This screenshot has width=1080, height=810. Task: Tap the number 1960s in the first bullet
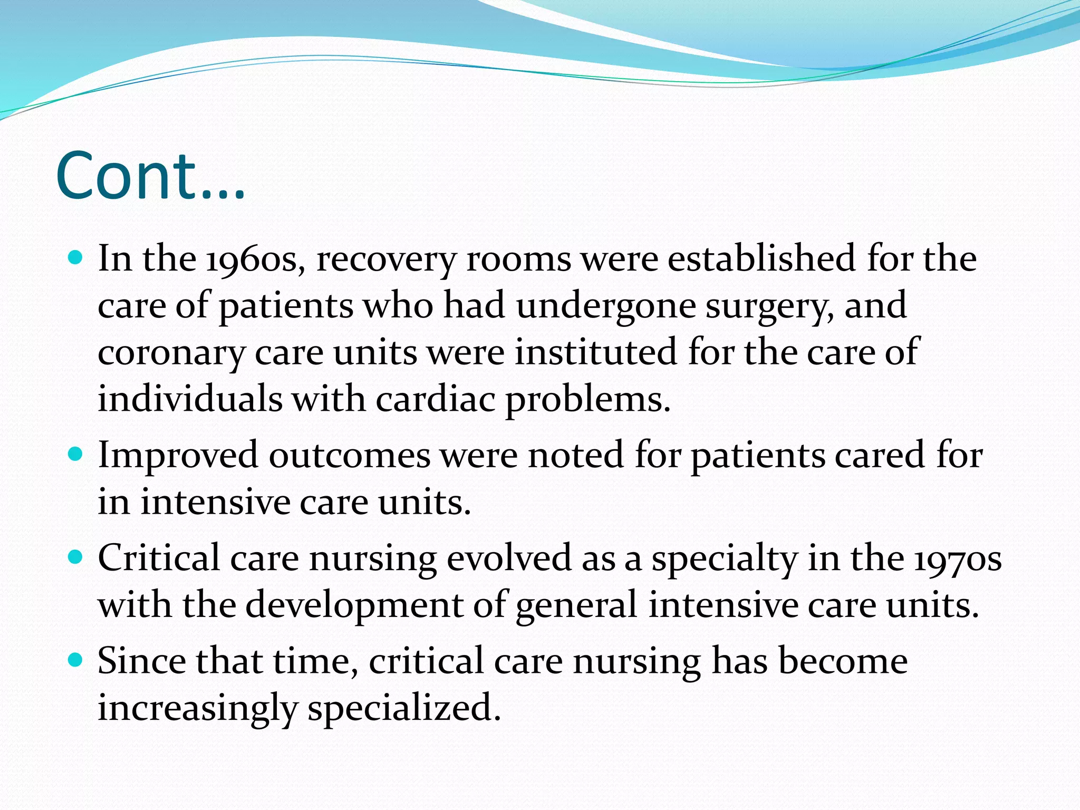tap(255, 259)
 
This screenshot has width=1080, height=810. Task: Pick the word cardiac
tap(436, 399)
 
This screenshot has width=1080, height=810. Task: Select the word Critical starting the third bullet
tap(159, 558)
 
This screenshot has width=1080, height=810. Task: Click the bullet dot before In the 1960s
tap(76, 258)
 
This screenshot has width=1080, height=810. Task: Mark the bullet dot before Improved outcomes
tap(76, 454)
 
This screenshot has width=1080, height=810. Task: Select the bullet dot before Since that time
tap(76, 660)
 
